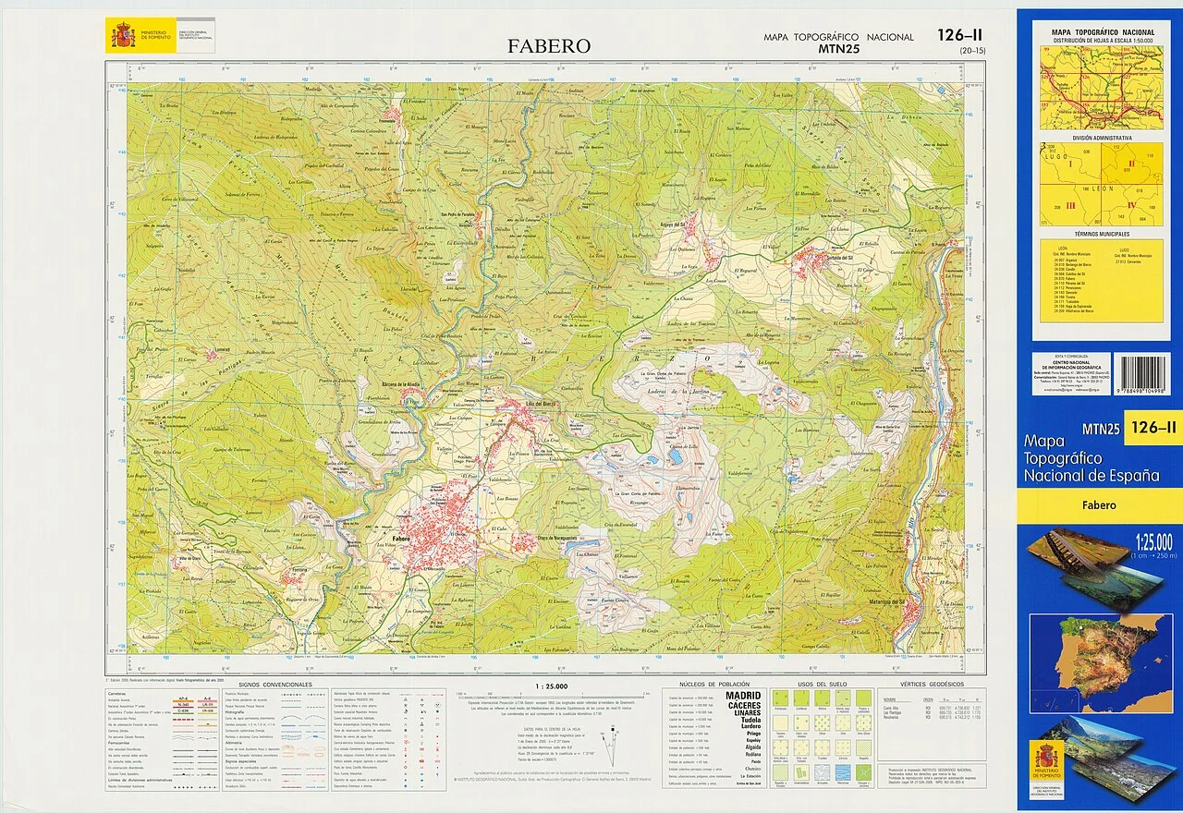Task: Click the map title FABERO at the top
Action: coord(549,46)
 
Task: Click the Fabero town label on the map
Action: coord(400,538)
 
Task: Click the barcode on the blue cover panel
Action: coord(1144,376)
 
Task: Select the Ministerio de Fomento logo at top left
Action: coord(122,35)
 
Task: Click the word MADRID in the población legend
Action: coord(743,696)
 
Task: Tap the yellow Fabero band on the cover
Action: coord(1099,505)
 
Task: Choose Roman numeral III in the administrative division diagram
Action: coord(1070,204)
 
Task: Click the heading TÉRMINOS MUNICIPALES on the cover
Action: coord(1100,235)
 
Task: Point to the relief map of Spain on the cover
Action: coord(1100,656)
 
